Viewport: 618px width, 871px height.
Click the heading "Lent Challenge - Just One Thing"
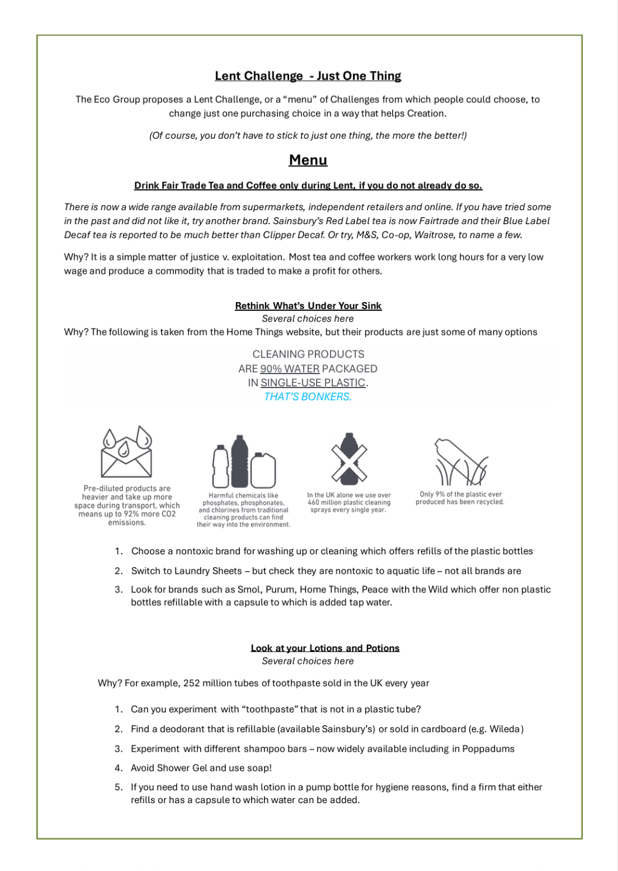[308, 76]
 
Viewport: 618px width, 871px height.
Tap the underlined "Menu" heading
[308, 160]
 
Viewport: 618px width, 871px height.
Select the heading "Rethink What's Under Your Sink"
[308, 306]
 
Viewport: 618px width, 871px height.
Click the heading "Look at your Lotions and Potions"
[325, 648]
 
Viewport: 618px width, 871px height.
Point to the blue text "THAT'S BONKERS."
[308, 397]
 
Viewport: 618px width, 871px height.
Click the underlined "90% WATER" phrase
[290, 369]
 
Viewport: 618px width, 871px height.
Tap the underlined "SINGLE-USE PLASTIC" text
[313, 383]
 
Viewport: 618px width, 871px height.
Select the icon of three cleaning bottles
[243, 462]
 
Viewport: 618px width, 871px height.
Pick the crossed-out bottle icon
[349, 460]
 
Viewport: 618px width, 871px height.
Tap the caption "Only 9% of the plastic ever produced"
[460, 498]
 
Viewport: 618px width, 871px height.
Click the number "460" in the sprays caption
[314, 502]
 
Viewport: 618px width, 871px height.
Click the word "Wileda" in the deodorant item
[505, 729]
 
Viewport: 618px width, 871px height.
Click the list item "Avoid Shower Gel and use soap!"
[201, 768]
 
